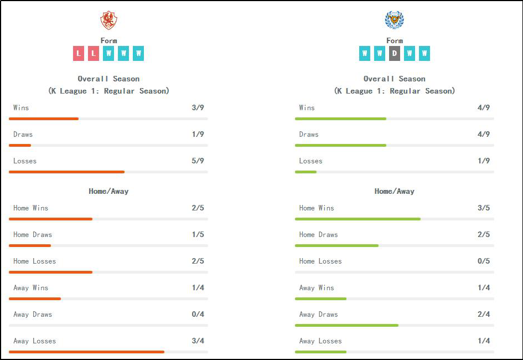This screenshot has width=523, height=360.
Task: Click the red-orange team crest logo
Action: (108, 20)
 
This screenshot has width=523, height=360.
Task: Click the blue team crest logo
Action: (394, 20)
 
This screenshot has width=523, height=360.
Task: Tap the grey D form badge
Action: (394, 53)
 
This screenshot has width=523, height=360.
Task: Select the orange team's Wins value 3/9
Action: (198, 107)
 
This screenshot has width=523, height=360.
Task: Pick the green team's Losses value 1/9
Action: (483, 161)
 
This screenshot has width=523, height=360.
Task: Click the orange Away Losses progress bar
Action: (87, 352)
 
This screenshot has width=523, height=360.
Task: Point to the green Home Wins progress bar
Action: (358, 219)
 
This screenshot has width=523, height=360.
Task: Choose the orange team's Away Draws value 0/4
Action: (198, 314)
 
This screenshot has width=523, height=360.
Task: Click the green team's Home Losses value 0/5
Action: (483, 261)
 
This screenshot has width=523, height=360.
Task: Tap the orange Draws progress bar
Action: (20, 145)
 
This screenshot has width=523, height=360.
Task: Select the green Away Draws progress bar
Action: (346, 325)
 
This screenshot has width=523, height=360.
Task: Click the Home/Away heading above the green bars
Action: (394, 191)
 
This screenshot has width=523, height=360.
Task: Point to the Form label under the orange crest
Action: (108, 40)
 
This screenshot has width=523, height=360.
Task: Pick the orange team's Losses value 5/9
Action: (198, 161)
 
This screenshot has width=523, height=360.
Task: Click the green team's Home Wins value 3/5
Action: (483, 208)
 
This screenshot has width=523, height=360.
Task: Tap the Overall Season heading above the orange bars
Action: (108, 79)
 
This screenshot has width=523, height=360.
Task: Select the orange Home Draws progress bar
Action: (30, 245)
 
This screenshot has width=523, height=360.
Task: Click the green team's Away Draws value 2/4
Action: (483, 314)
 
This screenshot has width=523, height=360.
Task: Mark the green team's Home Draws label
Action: (319, 234)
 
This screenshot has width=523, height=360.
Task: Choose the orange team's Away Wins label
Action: (31, 287)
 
